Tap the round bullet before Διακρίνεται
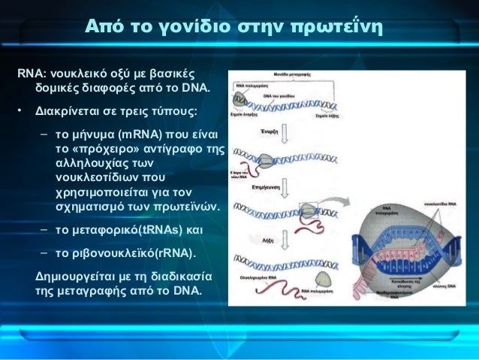click(x=23, y=112)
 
